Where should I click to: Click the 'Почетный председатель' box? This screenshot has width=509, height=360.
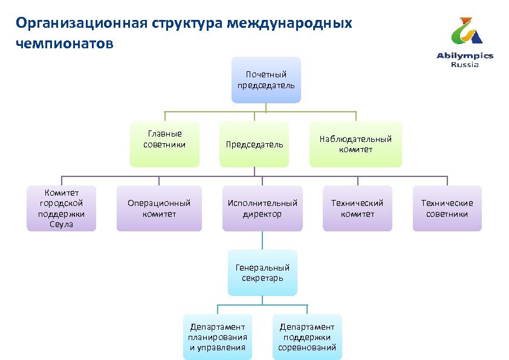[266, 80]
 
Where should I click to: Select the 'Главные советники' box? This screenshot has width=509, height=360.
[164, 144]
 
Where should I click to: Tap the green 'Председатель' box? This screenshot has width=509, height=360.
[254, 144]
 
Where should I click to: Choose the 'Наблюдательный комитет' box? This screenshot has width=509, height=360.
[355, 144]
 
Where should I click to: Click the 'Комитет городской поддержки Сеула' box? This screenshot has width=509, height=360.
[61, 208]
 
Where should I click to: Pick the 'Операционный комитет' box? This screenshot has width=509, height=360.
[159, 208]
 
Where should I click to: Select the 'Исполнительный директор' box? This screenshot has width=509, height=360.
[262, 208]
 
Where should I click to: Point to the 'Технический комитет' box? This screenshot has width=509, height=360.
[357, 208]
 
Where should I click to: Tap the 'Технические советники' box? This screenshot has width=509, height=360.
[447, 208]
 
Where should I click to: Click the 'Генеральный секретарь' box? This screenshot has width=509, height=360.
[262, 272]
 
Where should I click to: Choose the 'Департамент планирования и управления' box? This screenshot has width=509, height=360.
[218, 337]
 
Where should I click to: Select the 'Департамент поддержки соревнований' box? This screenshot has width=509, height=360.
[307, 337]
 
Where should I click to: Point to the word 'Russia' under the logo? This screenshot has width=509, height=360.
[465, 65]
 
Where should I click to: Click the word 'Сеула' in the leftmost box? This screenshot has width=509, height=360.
[61, 224]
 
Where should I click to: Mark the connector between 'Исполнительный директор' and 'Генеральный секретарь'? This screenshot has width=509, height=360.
[262, 240]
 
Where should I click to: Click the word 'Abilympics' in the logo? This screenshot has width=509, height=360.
[465, 56]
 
